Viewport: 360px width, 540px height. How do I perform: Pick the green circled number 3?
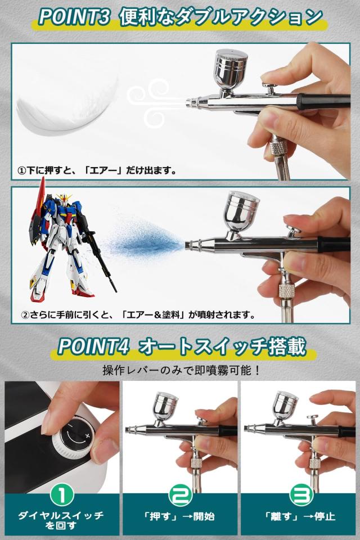pos(299,496)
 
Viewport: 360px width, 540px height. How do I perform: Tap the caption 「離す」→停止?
pos(299,516)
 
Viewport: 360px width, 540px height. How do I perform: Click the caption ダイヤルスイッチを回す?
pos(60,520)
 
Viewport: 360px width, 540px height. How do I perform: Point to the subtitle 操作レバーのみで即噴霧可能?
pos(180,371)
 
